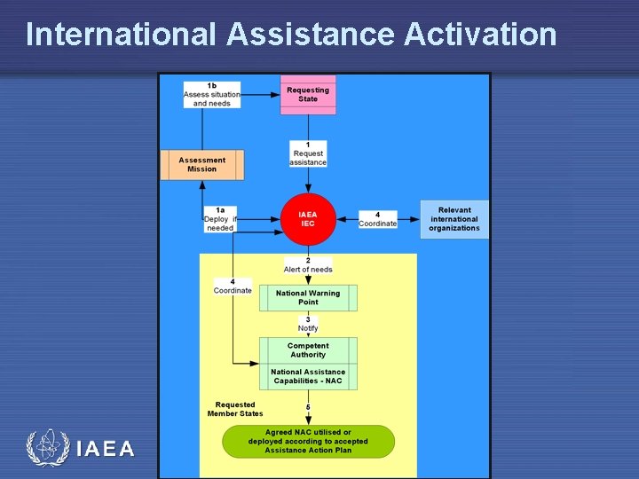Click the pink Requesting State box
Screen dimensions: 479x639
(308, 94)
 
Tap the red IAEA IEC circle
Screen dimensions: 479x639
(307, 218)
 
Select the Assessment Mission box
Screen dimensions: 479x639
(201, 165)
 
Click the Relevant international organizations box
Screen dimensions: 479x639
(454, 219)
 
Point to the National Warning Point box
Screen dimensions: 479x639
(308, 297)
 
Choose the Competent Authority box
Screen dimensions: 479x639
(308, 350)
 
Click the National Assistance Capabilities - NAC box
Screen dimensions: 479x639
(308, 376)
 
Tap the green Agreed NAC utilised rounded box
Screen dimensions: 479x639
(308, 441)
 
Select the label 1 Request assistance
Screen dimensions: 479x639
(308, 153)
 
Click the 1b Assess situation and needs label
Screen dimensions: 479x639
(211, 95)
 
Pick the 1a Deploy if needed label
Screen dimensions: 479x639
(220, 219)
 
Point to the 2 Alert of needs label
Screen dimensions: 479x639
(308, 265)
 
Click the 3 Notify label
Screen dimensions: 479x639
(308, 324)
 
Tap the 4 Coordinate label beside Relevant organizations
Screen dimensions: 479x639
(377, 219)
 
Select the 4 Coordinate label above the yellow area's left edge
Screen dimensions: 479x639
(233, 287)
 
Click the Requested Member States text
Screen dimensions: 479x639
(235, 409)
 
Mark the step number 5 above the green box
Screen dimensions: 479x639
(308, 407)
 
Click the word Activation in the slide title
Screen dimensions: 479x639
(480, 34)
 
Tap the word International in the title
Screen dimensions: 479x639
(121, 34)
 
